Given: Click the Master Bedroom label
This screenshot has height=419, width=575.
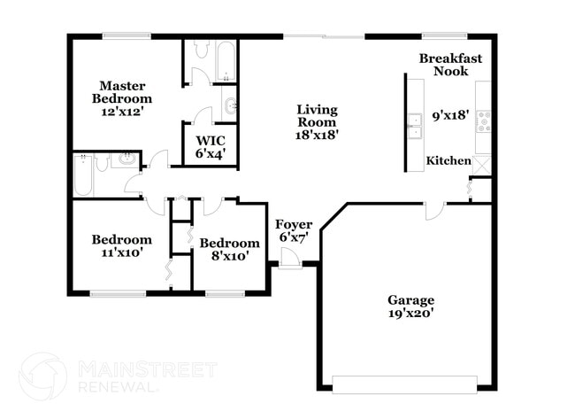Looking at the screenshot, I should tap(122, 98).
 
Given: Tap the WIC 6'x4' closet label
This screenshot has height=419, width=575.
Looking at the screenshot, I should tap(210, 147).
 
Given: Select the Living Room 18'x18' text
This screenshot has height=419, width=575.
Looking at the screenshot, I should tap(317, 122).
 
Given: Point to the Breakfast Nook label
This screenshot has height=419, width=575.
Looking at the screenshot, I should tap(450, 65).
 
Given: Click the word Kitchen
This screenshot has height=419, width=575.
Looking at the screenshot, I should tap(448, 160).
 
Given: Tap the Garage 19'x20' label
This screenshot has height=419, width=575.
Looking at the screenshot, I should tap(410, 306).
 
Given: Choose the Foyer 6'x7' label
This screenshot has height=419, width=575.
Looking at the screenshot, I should tap(293, 230).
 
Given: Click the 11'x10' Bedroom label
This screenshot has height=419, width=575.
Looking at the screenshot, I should tap(122, 245).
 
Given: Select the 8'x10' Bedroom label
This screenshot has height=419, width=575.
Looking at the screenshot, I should tap(229, 249).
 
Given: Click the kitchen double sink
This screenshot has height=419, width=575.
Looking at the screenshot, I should tap(414, 128).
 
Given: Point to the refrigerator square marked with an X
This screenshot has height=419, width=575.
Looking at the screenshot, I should tap(482, 164).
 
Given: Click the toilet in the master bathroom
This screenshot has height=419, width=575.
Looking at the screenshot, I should tap(200, 50).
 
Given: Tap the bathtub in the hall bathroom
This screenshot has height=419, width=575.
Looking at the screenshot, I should tap(84, 174).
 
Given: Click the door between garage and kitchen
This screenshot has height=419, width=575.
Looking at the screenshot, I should tap(433, 211).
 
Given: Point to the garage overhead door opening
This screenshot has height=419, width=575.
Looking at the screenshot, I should tap(403, 384).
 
